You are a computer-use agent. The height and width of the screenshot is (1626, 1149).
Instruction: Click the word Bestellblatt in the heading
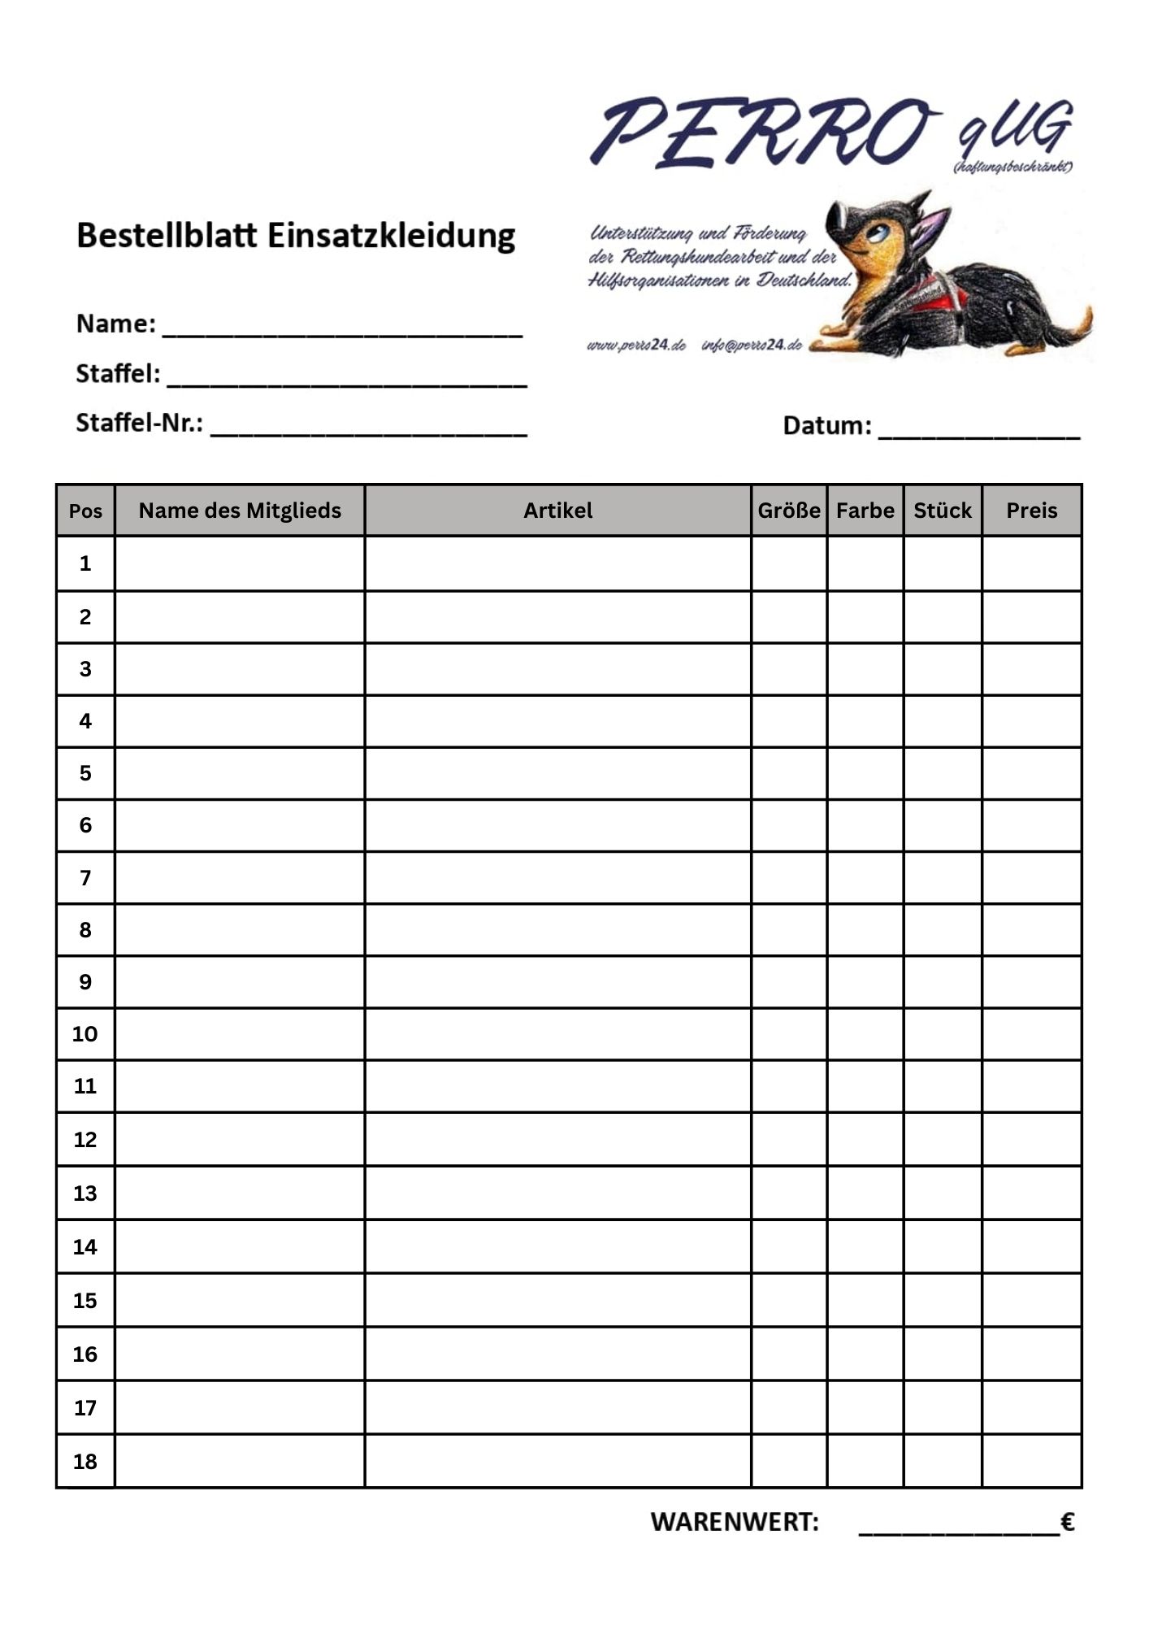click(x=166, y=236)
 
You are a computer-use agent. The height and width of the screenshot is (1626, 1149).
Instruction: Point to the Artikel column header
click(x=557, y=511)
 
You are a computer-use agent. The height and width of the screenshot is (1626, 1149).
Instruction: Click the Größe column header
click(x=789, y=511)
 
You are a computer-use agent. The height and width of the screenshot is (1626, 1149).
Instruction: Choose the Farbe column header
click(x=865, y=511)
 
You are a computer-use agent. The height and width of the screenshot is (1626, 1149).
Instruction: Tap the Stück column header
click(x=943, y=511)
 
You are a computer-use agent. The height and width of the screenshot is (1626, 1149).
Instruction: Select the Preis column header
click(x=1031, y=511)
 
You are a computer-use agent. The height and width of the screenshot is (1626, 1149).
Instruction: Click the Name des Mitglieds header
click(x=240, y=511)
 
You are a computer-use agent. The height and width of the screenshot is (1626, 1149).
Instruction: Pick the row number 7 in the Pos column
click(x=85, y=878)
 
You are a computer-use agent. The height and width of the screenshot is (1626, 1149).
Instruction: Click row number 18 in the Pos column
click(x=85, y=1462)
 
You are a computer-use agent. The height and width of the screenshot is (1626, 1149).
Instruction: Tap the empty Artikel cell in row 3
click(x=557, y=669)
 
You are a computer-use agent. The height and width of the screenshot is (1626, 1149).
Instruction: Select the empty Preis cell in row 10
click(x=1031, y=1034)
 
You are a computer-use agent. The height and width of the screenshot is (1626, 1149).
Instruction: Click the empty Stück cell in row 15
click(x=943, y=1301)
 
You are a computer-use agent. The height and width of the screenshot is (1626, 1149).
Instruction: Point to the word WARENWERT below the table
click(x=735, y=1522)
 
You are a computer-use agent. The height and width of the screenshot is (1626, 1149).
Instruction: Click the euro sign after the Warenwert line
click(x=1068, y=1521)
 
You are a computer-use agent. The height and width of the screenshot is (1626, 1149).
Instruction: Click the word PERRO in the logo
click(x=760, y=133)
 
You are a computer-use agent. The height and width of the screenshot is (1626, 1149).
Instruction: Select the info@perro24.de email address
click(x=752, y=345)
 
